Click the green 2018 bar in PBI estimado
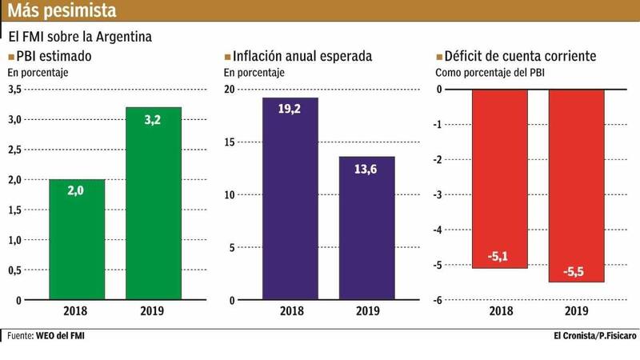pos(78,239)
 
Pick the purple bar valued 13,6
pos(366,228)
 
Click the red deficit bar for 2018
pos(498,178)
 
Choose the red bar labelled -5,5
pos(575,186)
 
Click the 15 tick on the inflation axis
pos(229,142)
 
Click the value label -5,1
pos(498,256)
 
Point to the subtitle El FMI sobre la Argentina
pos(80,37)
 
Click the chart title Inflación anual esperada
pos(303,57)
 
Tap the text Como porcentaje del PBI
pos(489,73)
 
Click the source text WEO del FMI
pos(60,334)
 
